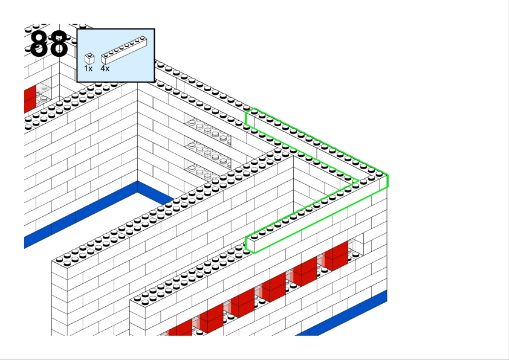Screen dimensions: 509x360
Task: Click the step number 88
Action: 49,44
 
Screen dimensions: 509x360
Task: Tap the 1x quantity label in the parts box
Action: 88,68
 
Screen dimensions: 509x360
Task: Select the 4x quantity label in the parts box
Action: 105,68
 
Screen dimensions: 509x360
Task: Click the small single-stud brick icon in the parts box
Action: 89,59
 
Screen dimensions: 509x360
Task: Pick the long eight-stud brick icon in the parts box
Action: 124,50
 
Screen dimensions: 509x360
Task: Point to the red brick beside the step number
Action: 30,99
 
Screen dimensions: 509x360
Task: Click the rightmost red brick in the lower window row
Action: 336,256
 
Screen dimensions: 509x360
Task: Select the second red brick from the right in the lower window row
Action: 305,272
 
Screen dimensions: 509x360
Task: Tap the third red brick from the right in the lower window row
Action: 274,288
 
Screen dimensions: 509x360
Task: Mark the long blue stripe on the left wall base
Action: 81,214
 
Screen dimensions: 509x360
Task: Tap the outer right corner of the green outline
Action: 387,181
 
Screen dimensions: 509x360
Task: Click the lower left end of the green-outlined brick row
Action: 247,243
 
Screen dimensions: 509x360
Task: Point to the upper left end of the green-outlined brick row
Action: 247,118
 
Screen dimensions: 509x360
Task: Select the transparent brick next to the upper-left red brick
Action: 44,94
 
